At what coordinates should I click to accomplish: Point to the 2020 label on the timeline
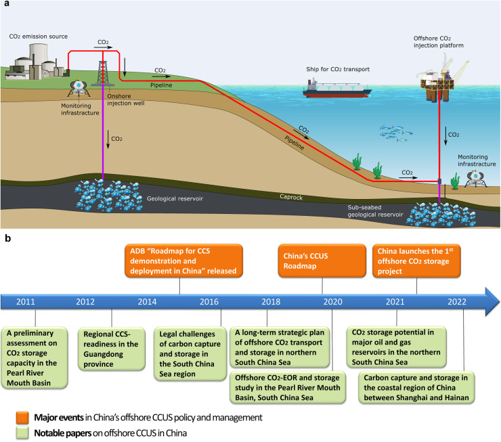[332, 282]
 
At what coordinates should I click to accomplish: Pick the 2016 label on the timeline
[209, 282]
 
